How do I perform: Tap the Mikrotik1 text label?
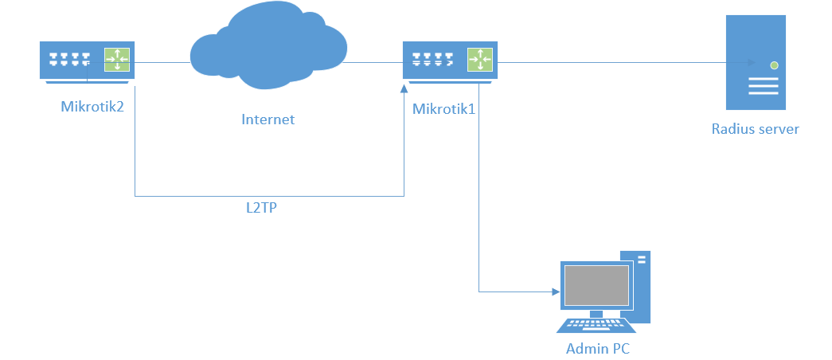443,109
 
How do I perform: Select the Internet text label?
268,119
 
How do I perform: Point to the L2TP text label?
267,208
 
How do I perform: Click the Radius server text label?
755,128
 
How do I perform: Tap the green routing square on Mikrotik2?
117,60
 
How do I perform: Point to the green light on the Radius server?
774,65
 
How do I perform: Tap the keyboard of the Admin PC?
597,326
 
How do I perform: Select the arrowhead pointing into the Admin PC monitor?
555,292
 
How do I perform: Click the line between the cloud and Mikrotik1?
374,61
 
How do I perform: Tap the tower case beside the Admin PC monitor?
641,287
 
